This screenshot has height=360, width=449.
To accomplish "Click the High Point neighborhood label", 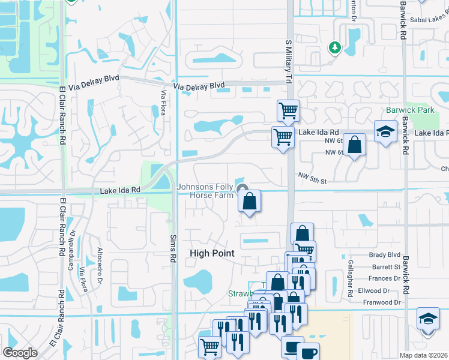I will tap(212, 253).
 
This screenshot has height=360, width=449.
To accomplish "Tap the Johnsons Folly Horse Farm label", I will tap(206, 191).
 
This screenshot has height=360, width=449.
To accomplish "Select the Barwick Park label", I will tap(410, 110).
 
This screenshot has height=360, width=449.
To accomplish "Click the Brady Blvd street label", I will tap(385, 255).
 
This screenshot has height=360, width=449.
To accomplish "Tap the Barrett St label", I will tap(385, 267).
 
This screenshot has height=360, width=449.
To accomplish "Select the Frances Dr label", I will tap(385, 278).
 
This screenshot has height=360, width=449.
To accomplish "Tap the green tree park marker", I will tap(334, 47).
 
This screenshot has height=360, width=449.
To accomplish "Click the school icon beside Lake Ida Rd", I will tap(385, 132).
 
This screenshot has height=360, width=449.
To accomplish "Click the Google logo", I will tap(20, 352).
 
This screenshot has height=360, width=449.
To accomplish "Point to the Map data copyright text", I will tap(423, 355).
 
